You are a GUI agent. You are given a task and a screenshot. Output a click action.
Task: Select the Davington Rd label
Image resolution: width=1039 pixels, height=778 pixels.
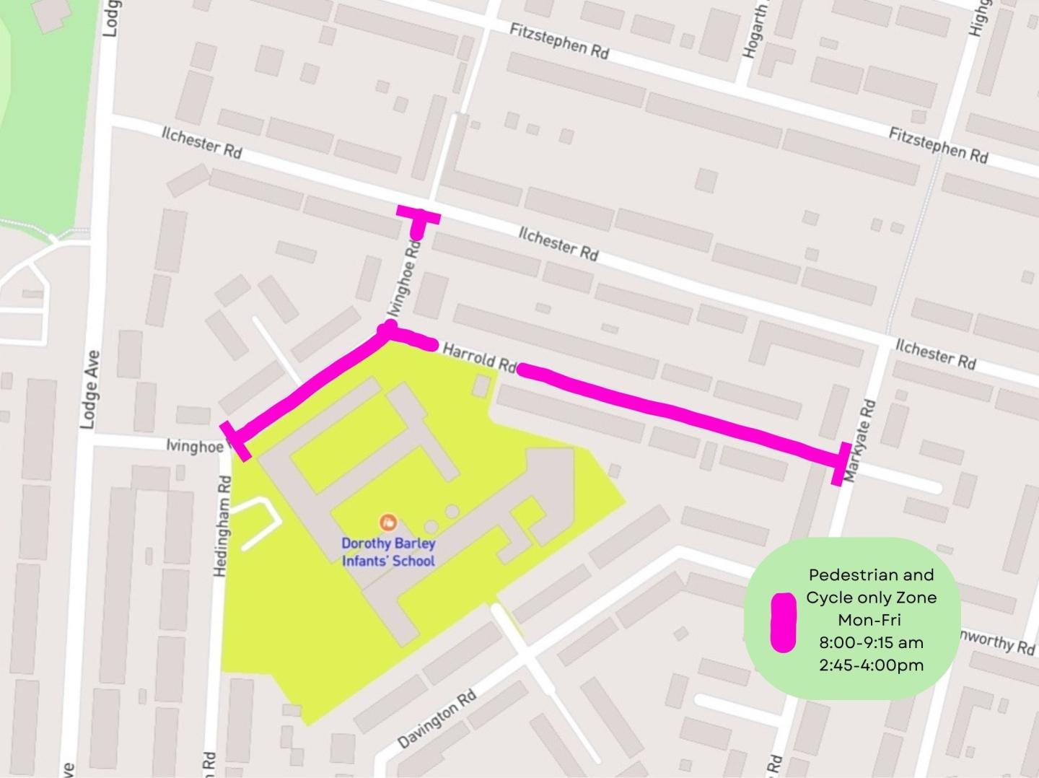437,719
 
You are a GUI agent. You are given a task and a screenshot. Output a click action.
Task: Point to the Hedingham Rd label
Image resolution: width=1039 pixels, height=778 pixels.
222,526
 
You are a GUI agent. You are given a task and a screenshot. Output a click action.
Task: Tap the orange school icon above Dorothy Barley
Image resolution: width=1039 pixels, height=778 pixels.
388,521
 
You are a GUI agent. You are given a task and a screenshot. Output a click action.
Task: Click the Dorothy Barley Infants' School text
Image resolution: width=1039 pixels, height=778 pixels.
388,552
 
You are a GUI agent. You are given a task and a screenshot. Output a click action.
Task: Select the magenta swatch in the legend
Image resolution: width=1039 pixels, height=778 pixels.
783,622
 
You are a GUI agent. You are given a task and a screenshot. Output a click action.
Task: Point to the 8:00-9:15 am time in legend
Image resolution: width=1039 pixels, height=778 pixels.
871,642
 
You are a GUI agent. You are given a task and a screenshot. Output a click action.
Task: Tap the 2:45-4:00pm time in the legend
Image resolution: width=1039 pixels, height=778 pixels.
871,665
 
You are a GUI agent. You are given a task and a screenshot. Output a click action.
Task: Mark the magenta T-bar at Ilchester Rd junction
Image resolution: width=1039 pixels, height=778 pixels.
418,216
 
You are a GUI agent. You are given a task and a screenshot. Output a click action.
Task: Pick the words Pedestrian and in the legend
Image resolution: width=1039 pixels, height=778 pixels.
871,575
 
